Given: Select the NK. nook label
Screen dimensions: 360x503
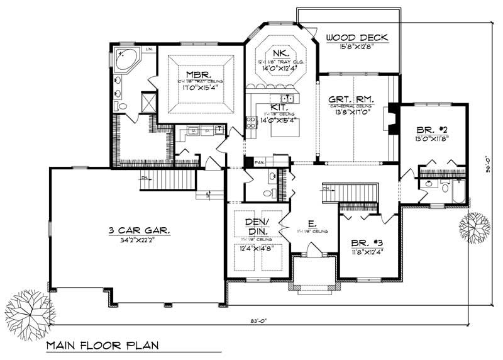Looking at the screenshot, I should click(x=277, y=53).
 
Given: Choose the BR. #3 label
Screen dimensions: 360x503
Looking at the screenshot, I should click(x=367, y=242).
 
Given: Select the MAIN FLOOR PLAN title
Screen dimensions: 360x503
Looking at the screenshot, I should click(x=101, y=345).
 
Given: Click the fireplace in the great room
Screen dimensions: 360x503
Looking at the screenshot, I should click(x=391, y=118).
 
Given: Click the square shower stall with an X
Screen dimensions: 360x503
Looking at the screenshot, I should click(x=149, y=101).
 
